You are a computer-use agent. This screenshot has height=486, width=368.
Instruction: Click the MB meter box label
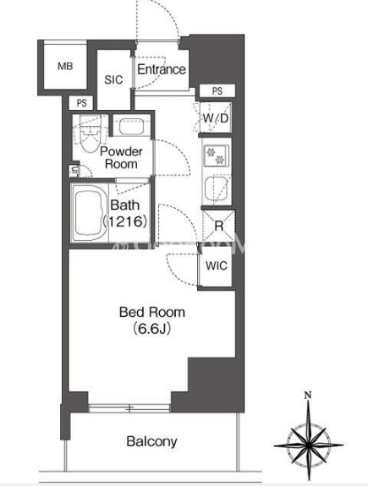click(x=65, y=66)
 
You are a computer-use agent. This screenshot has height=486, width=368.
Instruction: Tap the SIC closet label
click(x=113, y=80)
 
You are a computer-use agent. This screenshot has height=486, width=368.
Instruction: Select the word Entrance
click(x=162, y=69)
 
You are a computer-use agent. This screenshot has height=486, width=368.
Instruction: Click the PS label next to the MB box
click(x=81, y=103)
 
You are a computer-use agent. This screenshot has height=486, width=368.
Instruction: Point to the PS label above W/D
click(x=217, y=90)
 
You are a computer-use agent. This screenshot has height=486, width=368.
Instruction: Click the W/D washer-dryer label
click(x=216, y=118)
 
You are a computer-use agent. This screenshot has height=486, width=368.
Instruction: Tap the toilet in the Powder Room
click(x=91, y=134)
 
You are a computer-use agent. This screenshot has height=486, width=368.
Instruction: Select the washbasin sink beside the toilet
click(x=132, y=126)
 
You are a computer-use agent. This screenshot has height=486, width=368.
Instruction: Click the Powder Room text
click(x=121, y=157)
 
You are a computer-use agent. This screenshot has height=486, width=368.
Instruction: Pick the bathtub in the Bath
click(x=90, y=214)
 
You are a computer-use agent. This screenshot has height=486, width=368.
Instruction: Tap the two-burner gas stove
click(x=216, y=156)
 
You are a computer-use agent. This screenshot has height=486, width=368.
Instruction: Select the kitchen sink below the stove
click(x=217, y=188)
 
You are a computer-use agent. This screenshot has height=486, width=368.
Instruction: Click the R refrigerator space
click(x=218, y=226)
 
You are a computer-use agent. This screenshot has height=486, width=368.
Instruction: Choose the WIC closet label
click(x=217, y=265)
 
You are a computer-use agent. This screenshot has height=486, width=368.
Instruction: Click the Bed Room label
click(x=152, y=312)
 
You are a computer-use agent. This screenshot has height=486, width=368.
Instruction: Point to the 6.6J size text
click(x=152, y=329)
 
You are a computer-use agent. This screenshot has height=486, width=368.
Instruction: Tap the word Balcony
click(x=151, y=441)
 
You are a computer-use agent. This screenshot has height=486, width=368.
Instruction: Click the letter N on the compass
click(x=308, y=396)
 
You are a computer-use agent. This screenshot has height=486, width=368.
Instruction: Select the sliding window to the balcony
click(x=129, y=408)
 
